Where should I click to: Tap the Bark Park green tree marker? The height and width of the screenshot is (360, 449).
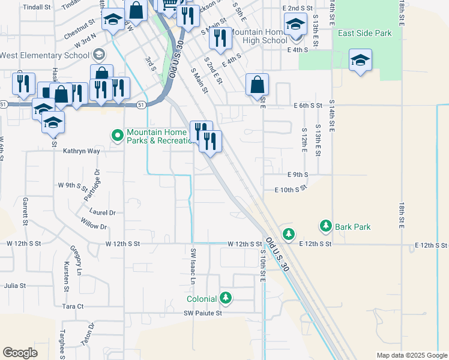[x=326, y=226]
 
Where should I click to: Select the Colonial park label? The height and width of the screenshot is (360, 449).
[x=201, y=298]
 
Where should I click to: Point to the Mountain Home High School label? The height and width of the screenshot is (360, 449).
[x=258, y=36]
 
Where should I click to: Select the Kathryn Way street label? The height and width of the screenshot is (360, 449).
[x=81, y=151]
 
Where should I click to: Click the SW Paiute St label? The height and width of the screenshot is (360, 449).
[x=203, y=313]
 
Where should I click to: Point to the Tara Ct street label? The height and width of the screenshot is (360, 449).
[x=73, y=306]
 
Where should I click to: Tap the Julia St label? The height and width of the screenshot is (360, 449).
[x=15, y=286]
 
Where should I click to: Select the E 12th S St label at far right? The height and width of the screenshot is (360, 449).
[x=432, y=245]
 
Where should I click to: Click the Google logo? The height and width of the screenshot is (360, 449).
[x=20, y=353]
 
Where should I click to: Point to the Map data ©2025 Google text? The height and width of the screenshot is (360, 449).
[x=411, y=355]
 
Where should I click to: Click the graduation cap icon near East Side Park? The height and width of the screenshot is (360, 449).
[x=360, y=60]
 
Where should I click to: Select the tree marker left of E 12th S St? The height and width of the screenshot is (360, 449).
[x=289, y=233]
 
